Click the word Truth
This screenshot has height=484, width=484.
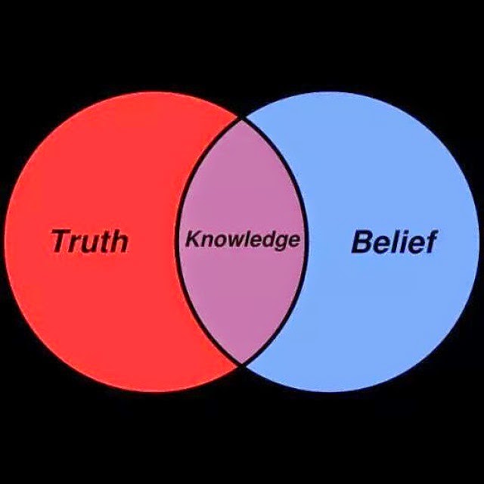point(89,241)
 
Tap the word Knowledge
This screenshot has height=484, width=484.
point(243,240)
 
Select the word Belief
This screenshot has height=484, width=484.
point(395,241)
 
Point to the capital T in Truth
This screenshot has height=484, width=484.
point(62,241)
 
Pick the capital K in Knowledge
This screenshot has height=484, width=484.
point(193,239)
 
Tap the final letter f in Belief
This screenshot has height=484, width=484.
point(430,241)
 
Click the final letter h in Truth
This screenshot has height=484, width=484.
point(119,241)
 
